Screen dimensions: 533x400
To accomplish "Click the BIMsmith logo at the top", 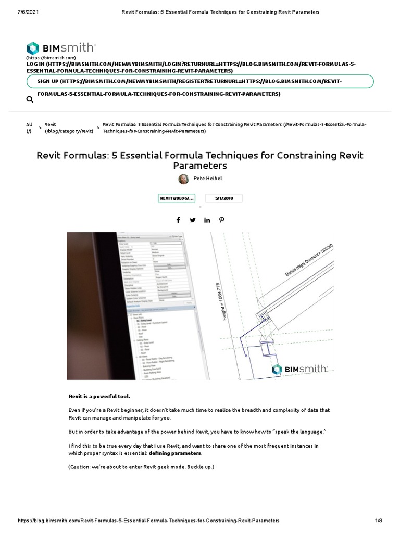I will pyautogui.click(x=60, y=47).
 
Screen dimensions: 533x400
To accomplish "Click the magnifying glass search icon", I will pyautogui.click(x=30, y=99).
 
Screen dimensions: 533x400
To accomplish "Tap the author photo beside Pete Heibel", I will pyautogui.click(x=184, y=179).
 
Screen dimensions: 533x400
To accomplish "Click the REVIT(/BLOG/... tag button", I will pyautogui.click(x=177, y=198).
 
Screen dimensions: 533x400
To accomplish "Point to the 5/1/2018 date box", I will pyautogui.click(x=223, y=198).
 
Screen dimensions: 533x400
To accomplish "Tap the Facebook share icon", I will pyautogui.click(x=179, y=220).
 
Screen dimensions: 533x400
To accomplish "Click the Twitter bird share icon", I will pyautogui.click(x=193, y=220).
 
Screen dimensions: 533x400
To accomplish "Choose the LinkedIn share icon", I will pyautogui.click(x=207, y=220).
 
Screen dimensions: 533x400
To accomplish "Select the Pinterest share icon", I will pyautogui.click(x=222, y=220).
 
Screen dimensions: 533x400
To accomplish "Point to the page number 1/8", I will pyautogui.click(x=379, y=521).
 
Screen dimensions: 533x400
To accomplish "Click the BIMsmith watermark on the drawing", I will pyautogui.click(x=299, y=369).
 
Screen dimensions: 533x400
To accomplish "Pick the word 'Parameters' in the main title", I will pyautogui.click(x=199, y=166).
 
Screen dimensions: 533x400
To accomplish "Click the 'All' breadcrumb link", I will pyautogui.click(x=29, y=124).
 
